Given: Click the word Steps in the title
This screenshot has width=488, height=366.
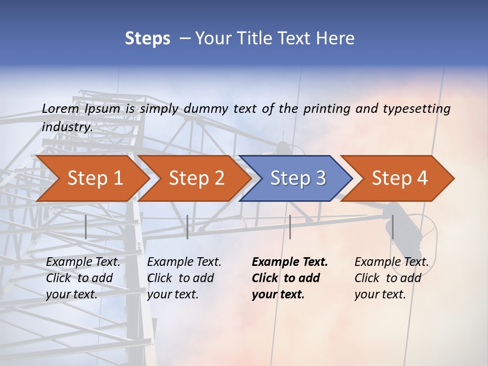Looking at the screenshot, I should coord(147,39).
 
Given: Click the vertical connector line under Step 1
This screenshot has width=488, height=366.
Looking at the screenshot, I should coord(86,227).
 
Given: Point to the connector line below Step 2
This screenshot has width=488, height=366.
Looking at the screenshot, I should coord(188,227).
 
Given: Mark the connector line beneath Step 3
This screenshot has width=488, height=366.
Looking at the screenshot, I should coord(290,227).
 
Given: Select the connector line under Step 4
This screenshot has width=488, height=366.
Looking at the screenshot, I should coord(392,227).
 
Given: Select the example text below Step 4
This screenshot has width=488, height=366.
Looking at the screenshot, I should coord(391,278).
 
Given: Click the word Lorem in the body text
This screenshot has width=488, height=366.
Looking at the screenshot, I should coord(60,108).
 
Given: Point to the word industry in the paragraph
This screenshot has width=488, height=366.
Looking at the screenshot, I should coord(67,127).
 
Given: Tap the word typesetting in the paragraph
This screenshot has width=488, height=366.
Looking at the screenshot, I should coord(416,109).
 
